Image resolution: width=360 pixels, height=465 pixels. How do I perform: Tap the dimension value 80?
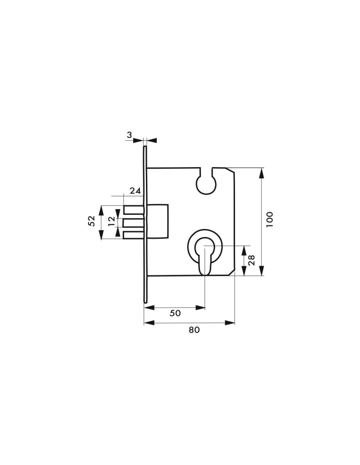tap(195, 330)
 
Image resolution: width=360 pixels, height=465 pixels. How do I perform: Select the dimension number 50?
tap(175, 313)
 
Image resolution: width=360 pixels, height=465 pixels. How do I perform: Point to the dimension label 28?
tap(251, 260)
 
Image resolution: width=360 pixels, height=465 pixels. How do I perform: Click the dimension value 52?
tap(91, 221)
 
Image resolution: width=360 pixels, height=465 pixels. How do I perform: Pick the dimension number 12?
tap(111, 221)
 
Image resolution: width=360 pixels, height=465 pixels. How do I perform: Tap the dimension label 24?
tap(135, 191)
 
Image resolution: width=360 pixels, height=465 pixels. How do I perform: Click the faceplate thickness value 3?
tap(129, 135)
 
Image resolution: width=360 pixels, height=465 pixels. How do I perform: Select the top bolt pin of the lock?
tap(134, 210)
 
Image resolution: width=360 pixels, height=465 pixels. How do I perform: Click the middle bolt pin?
tap(134, 223)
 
